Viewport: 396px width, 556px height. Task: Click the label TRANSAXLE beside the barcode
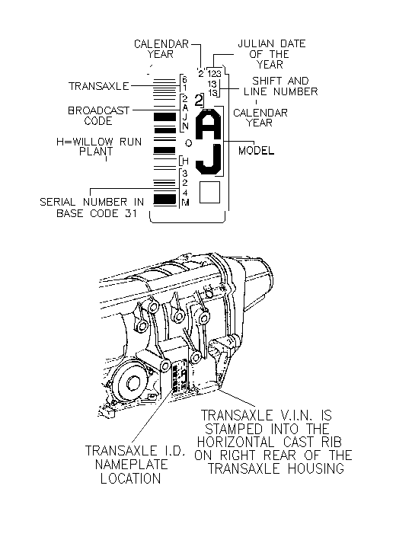click(99, 86)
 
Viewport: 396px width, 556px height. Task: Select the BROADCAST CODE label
click(98, 116)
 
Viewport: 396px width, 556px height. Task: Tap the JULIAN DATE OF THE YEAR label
click(271, 54)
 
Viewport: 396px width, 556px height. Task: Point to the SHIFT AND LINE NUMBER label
click(280, 86)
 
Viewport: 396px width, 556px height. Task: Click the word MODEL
click(256, 151)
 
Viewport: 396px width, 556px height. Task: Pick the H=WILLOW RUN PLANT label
click(99, 147)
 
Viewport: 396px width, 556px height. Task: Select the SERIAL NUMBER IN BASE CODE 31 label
click(92, 208)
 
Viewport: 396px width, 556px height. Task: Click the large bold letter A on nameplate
click(209, 125)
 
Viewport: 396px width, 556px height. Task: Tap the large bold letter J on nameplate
click(209, 160)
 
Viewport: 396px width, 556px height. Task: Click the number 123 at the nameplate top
click(215, 74)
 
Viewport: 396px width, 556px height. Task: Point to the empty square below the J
click(209, 193)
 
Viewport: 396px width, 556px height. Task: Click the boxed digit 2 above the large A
click(200, 101)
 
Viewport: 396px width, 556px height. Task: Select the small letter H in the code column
click(185, 161)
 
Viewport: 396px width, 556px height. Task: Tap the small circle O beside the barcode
click(189, 143)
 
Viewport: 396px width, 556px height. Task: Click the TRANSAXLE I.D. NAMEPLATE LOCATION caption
click(135, 465)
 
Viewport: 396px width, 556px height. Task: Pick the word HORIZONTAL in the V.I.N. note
click(236, 443)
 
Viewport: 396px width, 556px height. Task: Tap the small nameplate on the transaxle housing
click(180, 375)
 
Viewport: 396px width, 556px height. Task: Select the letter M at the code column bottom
click(185, 203)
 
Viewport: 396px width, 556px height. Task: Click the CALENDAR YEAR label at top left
click(161, 49)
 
